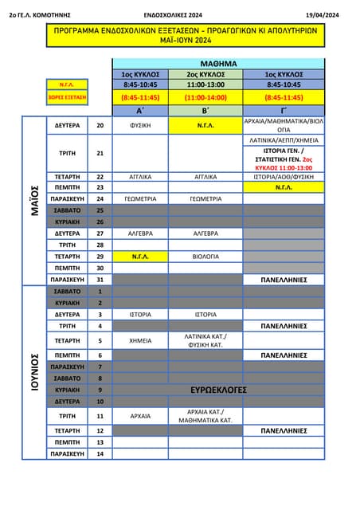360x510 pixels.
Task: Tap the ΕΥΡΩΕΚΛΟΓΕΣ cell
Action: [218, 390]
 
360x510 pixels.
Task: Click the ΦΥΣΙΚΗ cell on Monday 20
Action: [140, 125]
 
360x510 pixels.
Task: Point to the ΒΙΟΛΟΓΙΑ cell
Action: [205, 257]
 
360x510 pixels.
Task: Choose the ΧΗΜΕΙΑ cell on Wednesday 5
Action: [140, 340]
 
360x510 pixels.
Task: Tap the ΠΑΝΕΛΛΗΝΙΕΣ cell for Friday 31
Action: [284, 280]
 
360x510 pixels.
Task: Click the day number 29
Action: [100, 257]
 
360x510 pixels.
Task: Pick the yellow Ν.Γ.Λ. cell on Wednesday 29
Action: [140, 257]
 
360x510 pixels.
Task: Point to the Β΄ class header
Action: [205, 110]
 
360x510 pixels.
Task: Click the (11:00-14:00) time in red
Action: [205, 96]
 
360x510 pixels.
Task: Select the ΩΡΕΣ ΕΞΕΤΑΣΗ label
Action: [68, 96]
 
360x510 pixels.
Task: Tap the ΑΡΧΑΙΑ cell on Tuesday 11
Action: [140, 415]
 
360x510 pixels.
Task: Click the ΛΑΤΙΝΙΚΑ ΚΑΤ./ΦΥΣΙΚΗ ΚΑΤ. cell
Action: [205, 340]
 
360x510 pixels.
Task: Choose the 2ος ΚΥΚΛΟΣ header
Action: [205, 73]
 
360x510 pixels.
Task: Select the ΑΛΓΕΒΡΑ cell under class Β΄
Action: [205, 233]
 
